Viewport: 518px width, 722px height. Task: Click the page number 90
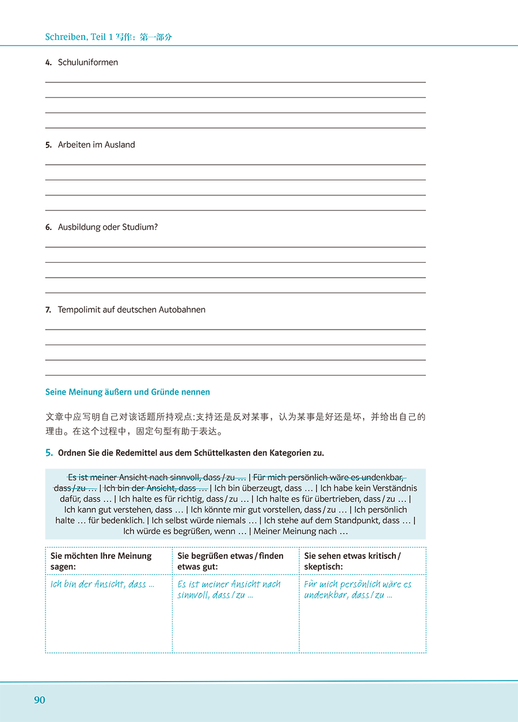point(39,700)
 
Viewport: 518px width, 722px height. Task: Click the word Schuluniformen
point(88,62)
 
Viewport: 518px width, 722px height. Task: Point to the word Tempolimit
point(78,309)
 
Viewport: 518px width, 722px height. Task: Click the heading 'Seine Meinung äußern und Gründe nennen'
point(128,392)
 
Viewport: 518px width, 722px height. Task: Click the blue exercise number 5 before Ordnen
point(49,453)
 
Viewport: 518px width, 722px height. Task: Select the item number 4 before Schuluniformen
point(48,63)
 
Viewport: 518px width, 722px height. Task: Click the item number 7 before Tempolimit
point(48,310)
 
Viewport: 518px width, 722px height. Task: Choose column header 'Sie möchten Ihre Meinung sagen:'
point(101,561)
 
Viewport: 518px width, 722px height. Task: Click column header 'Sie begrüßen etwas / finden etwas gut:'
point(230,561)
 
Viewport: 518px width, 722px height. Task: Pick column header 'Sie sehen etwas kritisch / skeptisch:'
point(352,561)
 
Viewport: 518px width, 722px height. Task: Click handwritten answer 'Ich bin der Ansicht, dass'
point(102,584)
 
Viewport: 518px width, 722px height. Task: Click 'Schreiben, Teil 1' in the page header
point(75,37)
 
